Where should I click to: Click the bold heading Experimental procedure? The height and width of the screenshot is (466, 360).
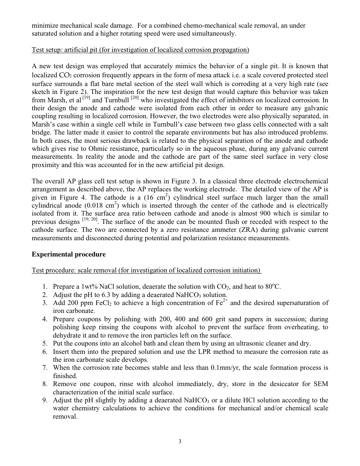tap(69, 254)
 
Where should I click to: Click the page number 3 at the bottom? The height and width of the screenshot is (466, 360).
tap(180, 441)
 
